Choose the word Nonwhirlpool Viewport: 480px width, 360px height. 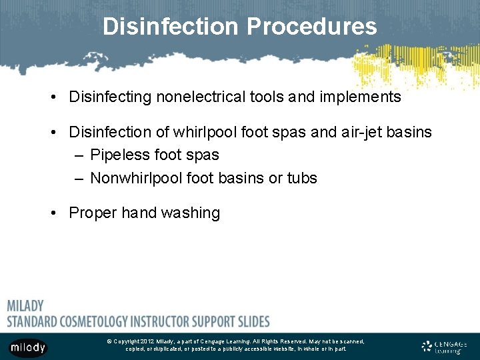(x=136, y=178)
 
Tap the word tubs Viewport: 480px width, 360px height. (x=303, y=178)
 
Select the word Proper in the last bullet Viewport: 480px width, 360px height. (x=93, y=213)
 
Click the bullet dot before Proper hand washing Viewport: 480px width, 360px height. (x=54, y=213)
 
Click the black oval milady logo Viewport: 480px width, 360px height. (x=27, y=347)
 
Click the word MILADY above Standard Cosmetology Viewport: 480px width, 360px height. (x=25, y=306)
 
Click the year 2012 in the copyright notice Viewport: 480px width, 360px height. (x=147, y=341)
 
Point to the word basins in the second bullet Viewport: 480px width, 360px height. (x=411, y=132)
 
